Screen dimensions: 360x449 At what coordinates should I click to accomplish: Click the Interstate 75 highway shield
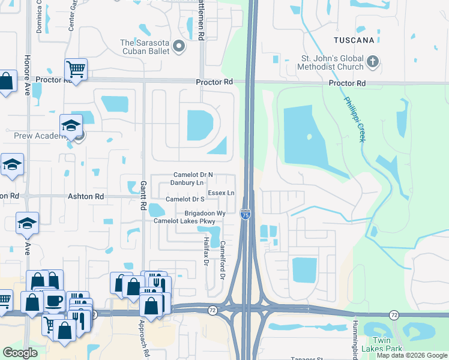[x=246, y=214]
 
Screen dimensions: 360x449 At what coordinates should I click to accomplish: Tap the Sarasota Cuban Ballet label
[x=146, y=46]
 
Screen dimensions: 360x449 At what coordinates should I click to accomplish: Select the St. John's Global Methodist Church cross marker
[x=372, y=61]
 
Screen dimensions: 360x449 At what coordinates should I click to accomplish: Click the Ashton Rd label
[x=86, y=196]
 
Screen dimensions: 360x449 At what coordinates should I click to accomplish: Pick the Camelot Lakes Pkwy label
[x=184, y=221]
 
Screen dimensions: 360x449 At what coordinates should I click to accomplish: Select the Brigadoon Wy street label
[x=205, y=213]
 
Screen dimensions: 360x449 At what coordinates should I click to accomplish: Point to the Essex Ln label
[x=221, y=193]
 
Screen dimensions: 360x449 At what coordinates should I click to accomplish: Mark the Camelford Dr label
[x=222, y=260]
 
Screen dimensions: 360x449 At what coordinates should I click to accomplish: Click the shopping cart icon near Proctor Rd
[x=76, y=69]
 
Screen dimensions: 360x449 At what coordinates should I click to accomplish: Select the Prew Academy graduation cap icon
[x=71, y=124]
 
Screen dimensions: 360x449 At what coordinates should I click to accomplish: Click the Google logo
[x=20, y=353]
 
